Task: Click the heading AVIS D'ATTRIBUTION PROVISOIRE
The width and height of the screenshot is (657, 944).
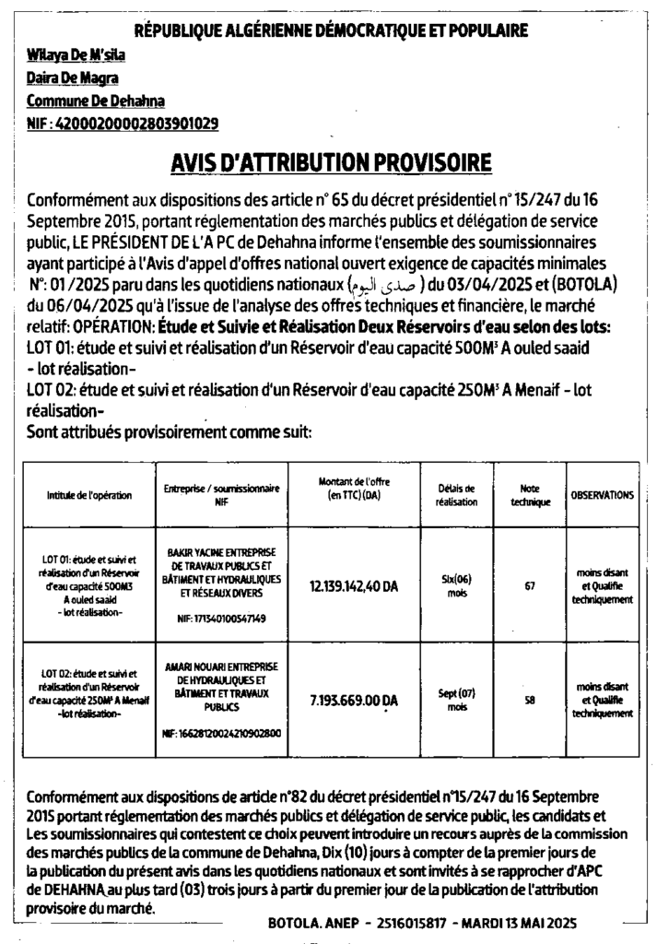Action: point(332,163)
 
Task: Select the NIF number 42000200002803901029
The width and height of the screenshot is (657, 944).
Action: point(136,123)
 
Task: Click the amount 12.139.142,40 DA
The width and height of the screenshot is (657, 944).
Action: point(354,586)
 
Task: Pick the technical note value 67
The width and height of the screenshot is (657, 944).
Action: point(529,586)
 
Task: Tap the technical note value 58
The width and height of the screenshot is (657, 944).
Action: point(529,700)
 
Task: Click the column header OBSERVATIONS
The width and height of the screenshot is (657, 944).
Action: point(602,495)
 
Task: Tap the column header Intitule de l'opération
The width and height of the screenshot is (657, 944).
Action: point(88,496)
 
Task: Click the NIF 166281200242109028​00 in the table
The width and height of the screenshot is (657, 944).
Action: point(221,734)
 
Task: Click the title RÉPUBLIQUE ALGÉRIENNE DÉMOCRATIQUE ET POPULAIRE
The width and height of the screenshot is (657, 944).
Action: point(332,30)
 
